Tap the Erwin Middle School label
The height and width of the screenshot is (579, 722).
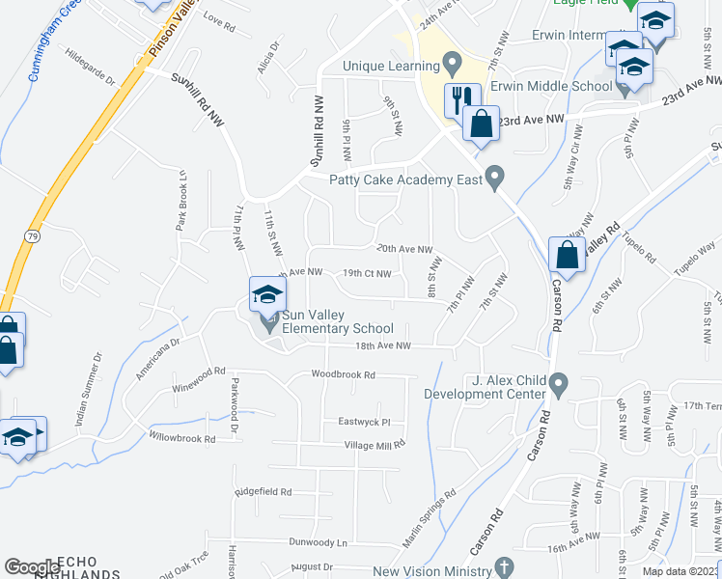[550, 86]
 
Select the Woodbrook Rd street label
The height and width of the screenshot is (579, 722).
[342, 374]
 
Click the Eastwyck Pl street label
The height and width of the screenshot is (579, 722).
[364, 422]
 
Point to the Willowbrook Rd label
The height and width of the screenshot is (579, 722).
[182, 438]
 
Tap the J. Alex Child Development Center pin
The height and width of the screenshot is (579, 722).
[559, 388]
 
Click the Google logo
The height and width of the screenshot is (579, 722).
[32, 567]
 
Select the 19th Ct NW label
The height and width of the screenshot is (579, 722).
[367, 273]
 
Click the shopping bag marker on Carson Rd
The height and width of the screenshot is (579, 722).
[567, 257]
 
